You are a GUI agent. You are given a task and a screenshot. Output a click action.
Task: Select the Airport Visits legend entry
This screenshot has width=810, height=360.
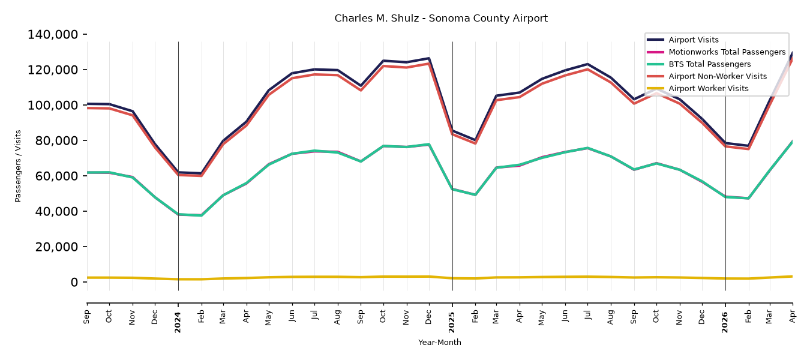[693, 40]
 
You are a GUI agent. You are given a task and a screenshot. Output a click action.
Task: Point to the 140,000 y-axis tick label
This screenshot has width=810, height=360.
[53, 35]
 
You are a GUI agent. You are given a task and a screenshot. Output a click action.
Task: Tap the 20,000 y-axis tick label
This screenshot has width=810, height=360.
[56, 247]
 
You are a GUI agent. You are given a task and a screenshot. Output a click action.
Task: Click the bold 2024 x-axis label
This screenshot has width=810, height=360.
[178, 322]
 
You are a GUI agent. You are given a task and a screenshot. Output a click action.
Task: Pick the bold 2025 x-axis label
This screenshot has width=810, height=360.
[452, 322]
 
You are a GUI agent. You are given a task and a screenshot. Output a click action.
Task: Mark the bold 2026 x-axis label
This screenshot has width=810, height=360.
[725, 322]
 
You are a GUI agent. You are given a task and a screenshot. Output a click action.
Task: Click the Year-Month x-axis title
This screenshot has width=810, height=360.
[440, 342]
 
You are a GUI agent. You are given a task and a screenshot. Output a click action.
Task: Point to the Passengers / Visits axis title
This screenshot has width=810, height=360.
[18, 166]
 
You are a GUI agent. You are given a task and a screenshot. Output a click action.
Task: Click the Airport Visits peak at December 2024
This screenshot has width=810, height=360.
[429, 58]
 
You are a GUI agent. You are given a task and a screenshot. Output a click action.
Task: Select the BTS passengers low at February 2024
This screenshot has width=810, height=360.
[202, 215]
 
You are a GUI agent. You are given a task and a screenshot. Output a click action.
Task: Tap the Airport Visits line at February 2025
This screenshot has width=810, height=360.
[475, 140]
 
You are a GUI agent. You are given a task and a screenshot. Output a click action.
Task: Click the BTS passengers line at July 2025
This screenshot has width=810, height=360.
[587, 148]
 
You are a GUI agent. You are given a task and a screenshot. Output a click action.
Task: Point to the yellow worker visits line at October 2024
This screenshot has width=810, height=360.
[383, 277]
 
